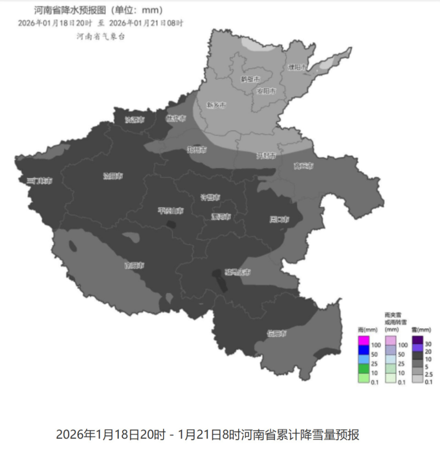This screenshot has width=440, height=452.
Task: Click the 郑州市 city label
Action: click(197, 150)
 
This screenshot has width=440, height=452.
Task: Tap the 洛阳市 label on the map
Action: click(113, 176)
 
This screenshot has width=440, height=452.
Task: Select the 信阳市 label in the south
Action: click(277, 333)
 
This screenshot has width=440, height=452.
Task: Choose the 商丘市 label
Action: click(303, 166)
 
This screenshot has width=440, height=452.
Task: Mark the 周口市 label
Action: click(279, 219)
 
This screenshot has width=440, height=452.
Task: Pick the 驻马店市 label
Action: click(237, 272)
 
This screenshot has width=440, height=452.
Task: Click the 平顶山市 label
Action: click(170, 211)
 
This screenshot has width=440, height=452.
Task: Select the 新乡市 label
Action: click(216, 105)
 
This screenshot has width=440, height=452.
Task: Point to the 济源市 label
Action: click(135, 120)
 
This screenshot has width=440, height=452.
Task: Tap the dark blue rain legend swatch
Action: click(363, 350)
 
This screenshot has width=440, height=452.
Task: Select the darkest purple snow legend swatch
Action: click(417, 340)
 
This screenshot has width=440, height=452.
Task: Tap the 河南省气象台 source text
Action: click(100, 36)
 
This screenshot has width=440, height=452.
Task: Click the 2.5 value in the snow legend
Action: click(429, 375)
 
